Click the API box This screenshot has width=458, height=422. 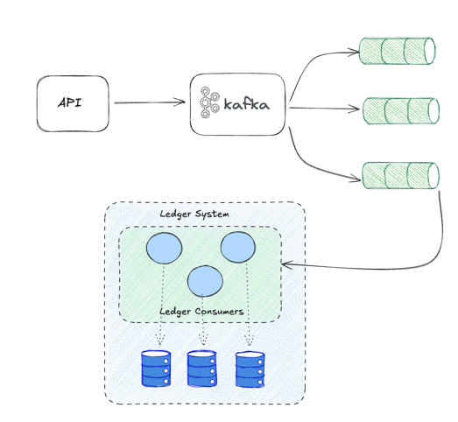pyautogui.click(x=73, y=103)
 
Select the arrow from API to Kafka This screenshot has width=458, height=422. pyautogui.click(x=149, y=103)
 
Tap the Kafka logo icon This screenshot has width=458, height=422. pyautogui.click(x=208, y=103)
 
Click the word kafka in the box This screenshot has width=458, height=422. pyautogui.click(x=247, y=105)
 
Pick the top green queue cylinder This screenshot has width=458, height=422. pyautogui.click(x=398, y=51)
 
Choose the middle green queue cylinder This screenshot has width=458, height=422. pyautogui.click(x=399, y=111)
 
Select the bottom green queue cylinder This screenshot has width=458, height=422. pyautogui.click(x=399, y=174)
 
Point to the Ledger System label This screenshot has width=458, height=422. pyautogui.click(x=194, y=215)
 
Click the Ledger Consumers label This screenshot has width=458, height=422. pyautogui.click(x=201, y=311)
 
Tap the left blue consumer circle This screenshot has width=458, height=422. pyautogui.click(x=163, y=249)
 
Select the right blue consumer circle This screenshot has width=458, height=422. pyautogui.click(x=237, y=248)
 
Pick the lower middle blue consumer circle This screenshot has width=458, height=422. pyautogui.click(x=205, y=280)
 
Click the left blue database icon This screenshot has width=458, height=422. pyautogui.click(x=156, y=369)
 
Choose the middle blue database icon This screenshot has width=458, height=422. pyautogui.click(x=202, y=369)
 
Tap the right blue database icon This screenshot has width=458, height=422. pyautogui.click(x=250, y=369)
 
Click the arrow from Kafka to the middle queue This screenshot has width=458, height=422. pyautogui.click(x=324, y=109)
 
